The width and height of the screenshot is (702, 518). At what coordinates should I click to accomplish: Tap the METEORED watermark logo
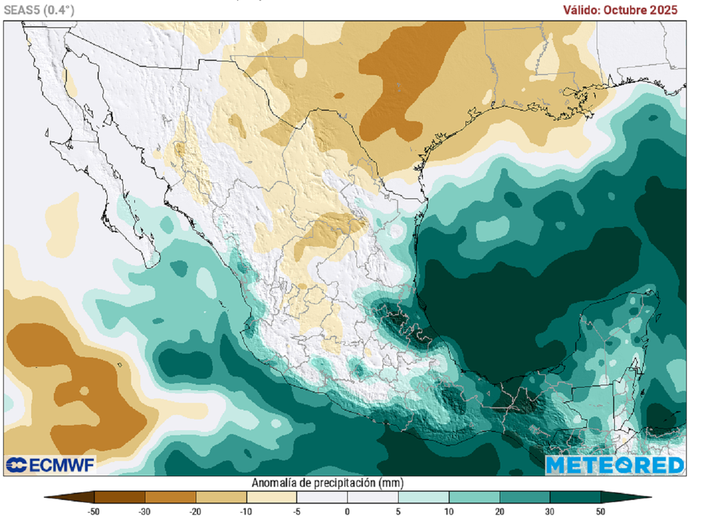pyautogui.click(x=615, y=465)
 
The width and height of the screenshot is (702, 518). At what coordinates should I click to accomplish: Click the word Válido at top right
pyautogui.click(x=582, y=10)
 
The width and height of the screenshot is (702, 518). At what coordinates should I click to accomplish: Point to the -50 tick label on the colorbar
pyautogui.click(x=95, y=511)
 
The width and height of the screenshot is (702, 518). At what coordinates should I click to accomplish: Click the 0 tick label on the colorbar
pyautogui.click(x=348, y=511)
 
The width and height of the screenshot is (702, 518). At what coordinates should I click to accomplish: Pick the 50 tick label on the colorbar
pyautogui.click(x=601, y=511)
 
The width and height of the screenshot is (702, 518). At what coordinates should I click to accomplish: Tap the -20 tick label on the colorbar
pyautogui.click(x=195, y=511)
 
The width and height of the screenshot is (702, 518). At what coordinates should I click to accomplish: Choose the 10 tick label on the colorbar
pyautogui.click(x=449, y=511)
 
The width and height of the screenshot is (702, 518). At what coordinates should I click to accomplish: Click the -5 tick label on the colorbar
pyautogui.click(x=297, y=511)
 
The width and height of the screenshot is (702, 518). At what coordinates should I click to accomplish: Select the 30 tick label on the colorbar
pyautogui.click(x=550, y=511)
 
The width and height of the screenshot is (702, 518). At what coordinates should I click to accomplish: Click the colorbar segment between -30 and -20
pyautogui.click(x=170, y=497)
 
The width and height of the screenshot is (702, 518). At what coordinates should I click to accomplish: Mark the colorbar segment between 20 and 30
pyautogui.click(x=525, y=497)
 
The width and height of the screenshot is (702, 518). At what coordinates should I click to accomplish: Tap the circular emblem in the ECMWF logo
pyautogui.click(x=15, y=465)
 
